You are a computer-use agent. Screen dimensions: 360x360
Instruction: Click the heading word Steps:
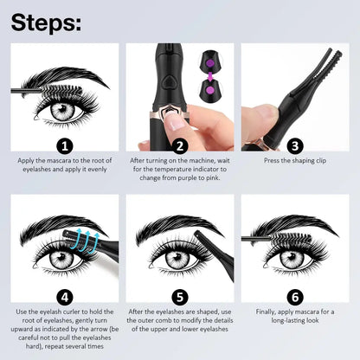coord(48,21)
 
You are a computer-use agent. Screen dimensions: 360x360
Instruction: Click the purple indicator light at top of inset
coord(209,61)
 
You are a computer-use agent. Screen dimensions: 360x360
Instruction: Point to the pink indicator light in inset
coord(209,87)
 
